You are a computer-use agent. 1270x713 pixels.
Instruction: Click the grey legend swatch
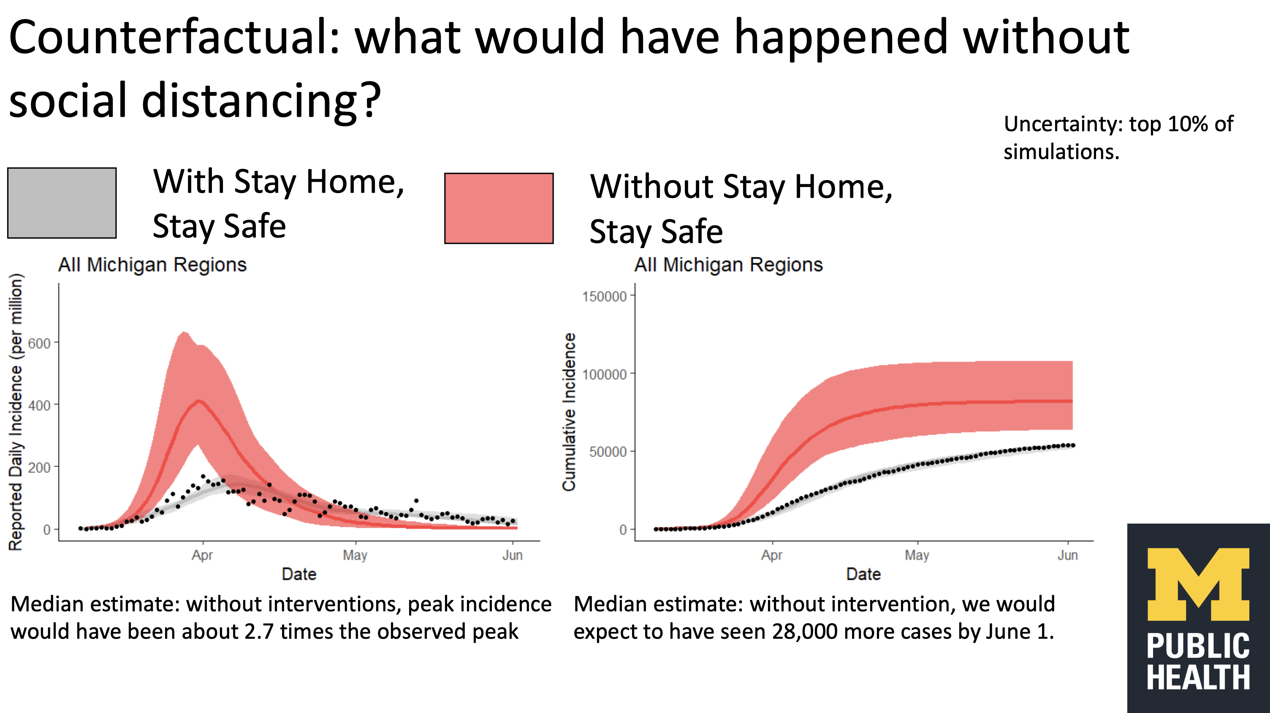62,203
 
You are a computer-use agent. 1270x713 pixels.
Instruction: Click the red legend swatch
499,208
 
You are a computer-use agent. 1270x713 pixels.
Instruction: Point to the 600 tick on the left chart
39,343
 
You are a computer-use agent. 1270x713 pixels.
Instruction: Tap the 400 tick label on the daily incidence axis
39,405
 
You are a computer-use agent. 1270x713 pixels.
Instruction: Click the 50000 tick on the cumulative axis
608,452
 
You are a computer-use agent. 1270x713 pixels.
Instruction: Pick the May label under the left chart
355,555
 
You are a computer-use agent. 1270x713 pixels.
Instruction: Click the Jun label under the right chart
1067,555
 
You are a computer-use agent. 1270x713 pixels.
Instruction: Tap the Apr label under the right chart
771,555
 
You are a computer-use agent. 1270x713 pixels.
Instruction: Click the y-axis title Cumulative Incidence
569,411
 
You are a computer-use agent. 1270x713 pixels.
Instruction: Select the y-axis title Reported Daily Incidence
16,411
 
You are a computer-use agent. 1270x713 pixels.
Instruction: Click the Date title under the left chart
299,574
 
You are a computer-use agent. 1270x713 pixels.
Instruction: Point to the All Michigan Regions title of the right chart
728,265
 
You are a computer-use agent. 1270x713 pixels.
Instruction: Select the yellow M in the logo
1198,584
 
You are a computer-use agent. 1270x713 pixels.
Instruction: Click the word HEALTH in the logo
1198,678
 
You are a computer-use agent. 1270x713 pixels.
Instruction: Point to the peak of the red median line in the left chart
199,401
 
